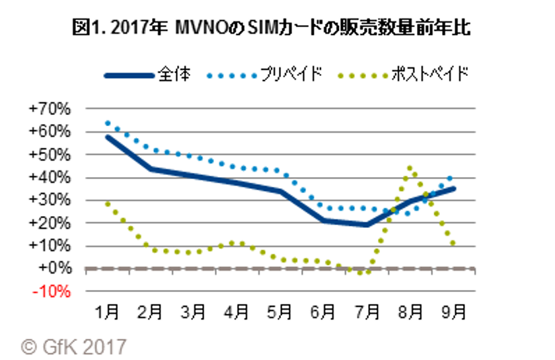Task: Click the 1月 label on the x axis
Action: coord(107,310)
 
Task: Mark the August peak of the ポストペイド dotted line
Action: coord(410,168)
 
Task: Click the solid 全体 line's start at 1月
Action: coord(107,137)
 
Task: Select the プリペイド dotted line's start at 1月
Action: coord(107,123)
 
